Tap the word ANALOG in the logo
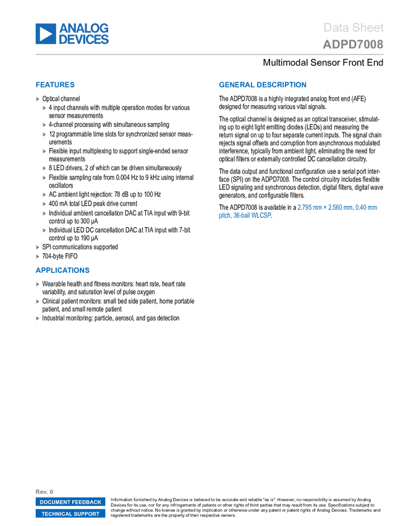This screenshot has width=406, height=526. click(x=84, y=28)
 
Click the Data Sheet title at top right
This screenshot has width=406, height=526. click(x=353, y=27)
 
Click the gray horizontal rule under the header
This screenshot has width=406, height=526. click(x=209, y=54)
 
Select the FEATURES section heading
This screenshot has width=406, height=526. click(x=55, y=85)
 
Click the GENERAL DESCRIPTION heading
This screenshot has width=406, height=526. click(x=262, y=85)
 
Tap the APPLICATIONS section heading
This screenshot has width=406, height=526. click(x=62, y=270)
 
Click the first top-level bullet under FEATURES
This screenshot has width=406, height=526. click(x=38, y=99)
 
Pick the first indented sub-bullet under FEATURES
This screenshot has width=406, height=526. click(x=44, y=108)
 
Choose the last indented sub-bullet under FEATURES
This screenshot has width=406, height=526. click(x=44, y=230)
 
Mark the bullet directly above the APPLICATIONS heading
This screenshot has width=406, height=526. click(x=38, y=256)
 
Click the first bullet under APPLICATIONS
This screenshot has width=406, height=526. click(x=38, y=285)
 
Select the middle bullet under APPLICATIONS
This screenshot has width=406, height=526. click(x=38, y=301)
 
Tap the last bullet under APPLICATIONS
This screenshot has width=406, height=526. click(x=38, y=318)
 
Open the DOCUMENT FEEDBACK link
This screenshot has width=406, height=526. click(x=70, y=502)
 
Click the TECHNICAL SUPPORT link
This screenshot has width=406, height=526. click(x=70, y=514)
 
